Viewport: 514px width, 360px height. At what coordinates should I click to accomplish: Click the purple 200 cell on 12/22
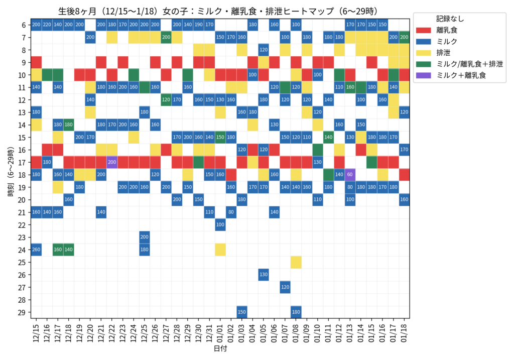[x=111, y=162]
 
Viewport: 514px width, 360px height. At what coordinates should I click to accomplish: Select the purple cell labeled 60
[x=350, y=175]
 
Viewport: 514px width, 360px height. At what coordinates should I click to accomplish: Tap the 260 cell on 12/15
[x=36, y=250]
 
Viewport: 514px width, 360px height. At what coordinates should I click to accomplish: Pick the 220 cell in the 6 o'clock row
[x=47, y=25]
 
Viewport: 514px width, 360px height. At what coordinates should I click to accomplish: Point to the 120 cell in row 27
[x=285, y=287]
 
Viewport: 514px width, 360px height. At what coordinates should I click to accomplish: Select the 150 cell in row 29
[x=241, y=312]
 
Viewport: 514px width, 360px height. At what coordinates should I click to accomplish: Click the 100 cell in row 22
[x=220, y=224]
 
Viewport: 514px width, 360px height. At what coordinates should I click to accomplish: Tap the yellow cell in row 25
[x=296, y=262]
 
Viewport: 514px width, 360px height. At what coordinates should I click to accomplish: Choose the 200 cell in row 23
[x=144, y=237]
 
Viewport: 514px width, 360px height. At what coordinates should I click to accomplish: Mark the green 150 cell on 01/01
[x=220, y=137]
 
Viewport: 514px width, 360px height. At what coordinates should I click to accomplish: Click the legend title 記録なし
[x=450, y=19]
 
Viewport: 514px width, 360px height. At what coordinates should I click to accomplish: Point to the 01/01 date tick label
[x=220, y=332]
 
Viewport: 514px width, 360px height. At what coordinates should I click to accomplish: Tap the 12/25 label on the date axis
[x=144, y=332]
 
